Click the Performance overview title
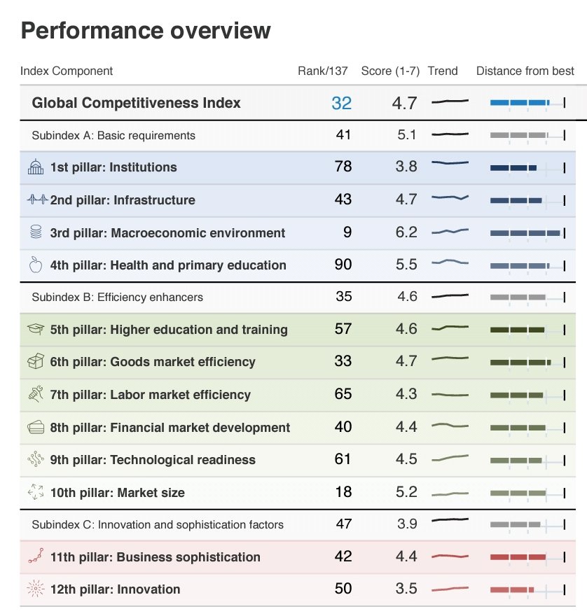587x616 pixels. (146, 31)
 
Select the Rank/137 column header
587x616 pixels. (322, 71)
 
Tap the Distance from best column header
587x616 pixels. (525, 71)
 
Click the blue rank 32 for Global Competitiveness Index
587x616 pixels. (341, 103)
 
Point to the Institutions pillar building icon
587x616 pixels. (36, 167)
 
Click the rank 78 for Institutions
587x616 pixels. (343, 167)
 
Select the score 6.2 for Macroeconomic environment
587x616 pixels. (406, 232)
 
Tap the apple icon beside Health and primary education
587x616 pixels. (36, 265)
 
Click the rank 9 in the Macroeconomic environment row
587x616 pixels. (347, 232)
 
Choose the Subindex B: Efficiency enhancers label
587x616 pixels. (117, 297)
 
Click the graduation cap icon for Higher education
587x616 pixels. (36, 329)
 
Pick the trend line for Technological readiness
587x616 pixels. (450, 458)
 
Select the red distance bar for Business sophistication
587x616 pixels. (518, 556)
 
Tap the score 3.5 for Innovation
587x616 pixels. (406, 589)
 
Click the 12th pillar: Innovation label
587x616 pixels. (115, 589)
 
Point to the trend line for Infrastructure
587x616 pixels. (450, 197)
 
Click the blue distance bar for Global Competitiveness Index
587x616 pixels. (520, 103)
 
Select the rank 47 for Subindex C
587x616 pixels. (344, 524)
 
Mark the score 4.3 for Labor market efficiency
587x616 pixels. (406, 394)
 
